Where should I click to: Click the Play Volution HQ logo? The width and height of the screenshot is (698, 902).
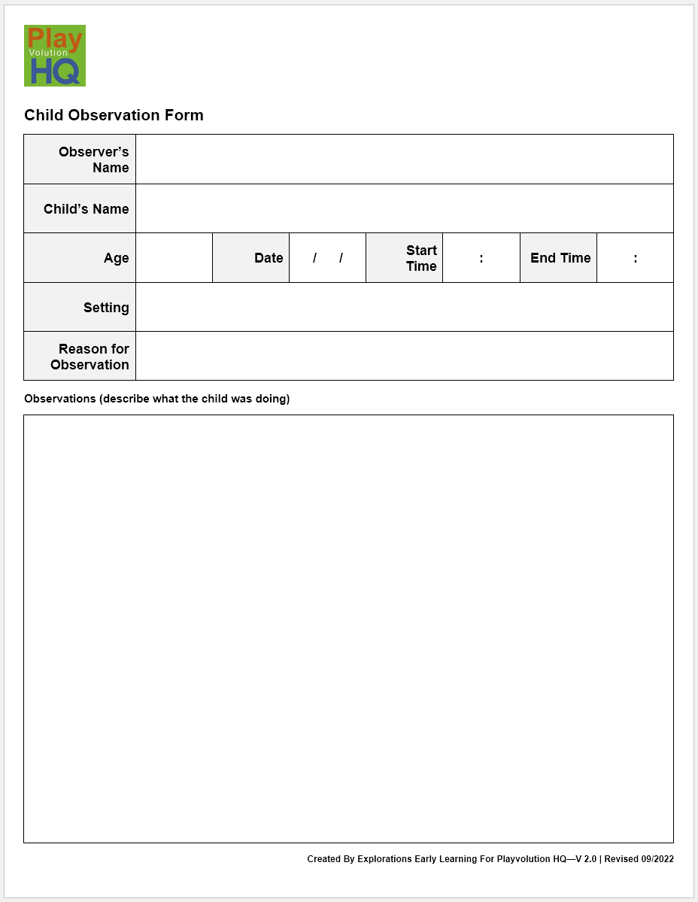pyautogui.click(x=55, y=56)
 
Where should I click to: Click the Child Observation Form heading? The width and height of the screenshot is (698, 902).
pyautogui.click(x=114, y=115)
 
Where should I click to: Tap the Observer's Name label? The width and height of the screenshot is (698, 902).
pyautogui.click(x=93, y=159)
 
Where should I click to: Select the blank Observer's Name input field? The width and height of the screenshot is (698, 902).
pyautogui.click(x=404, y=159)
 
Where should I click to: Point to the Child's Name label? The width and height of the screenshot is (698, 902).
pyautogui.click(x=86, y=209)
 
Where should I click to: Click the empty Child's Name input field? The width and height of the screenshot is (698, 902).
pyautogui.click(x=404, y=208)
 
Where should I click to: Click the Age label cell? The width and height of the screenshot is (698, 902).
pyautogui.click(x=116, y=258)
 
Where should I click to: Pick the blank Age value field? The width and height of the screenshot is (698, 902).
pyautogui.click(x=174, y=258)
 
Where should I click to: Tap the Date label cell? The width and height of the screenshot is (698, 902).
pyautogui.click(x=269, y=258)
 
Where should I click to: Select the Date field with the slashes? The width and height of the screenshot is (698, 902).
pyautogui.click(x=327, y=258)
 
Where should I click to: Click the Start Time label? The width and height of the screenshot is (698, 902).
pyautogui.click(x=421, y=258)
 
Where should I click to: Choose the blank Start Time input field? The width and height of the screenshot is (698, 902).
pyautogui.click(x=481, y=258)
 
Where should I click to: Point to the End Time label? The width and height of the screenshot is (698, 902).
pyautogui.click(x=560, y=258)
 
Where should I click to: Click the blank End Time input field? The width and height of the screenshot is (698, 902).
pyautogui.click(x=635, y=258)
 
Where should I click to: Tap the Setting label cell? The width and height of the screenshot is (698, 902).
pyautogui.click(x=106, y=308)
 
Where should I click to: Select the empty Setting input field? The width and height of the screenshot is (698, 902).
pyautogui.click(x=404, y=307)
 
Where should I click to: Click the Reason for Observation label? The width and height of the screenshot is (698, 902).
pyautogui.click(x=90, y=357)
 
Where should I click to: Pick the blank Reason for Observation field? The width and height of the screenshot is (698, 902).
pyautogui.click(x=404, y=356)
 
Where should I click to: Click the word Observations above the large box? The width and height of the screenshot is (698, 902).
pyautogui.click(x=59, y=399)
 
